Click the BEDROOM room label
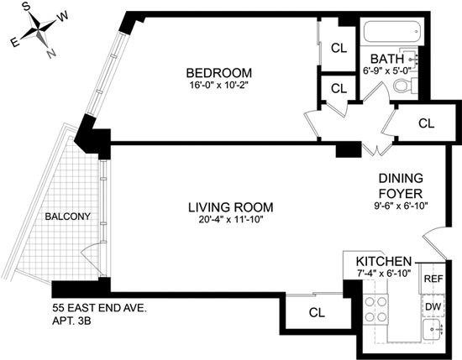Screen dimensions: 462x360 click(219, 73)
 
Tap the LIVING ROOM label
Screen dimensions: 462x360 click(231, 207)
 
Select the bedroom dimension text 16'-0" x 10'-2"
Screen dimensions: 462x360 click(219, 86)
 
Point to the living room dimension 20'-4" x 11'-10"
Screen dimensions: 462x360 click(231, 220)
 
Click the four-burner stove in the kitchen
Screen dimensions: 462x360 click(375, 310)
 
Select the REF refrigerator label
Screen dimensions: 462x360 click(433, 279)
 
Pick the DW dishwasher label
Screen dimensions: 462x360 click(433, 307)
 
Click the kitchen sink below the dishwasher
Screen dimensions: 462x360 click(433, 330)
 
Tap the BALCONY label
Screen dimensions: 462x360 click(67, 217)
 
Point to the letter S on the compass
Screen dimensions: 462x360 click(27, 8)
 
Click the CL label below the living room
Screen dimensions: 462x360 click(317, 313)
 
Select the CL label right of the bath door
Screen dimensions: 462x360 click(427, 123)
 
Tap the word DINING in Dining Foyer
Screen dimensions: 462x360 click(401, 179)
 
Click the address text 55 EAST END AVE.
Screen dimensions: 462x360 click(99, 309)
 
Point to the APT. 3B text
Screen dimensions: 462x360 click(71, 321)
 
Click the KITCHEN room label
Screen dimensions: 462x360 click(383, 261)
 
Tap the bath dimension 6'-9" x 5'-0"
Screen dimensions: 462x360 click(387, 70)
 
